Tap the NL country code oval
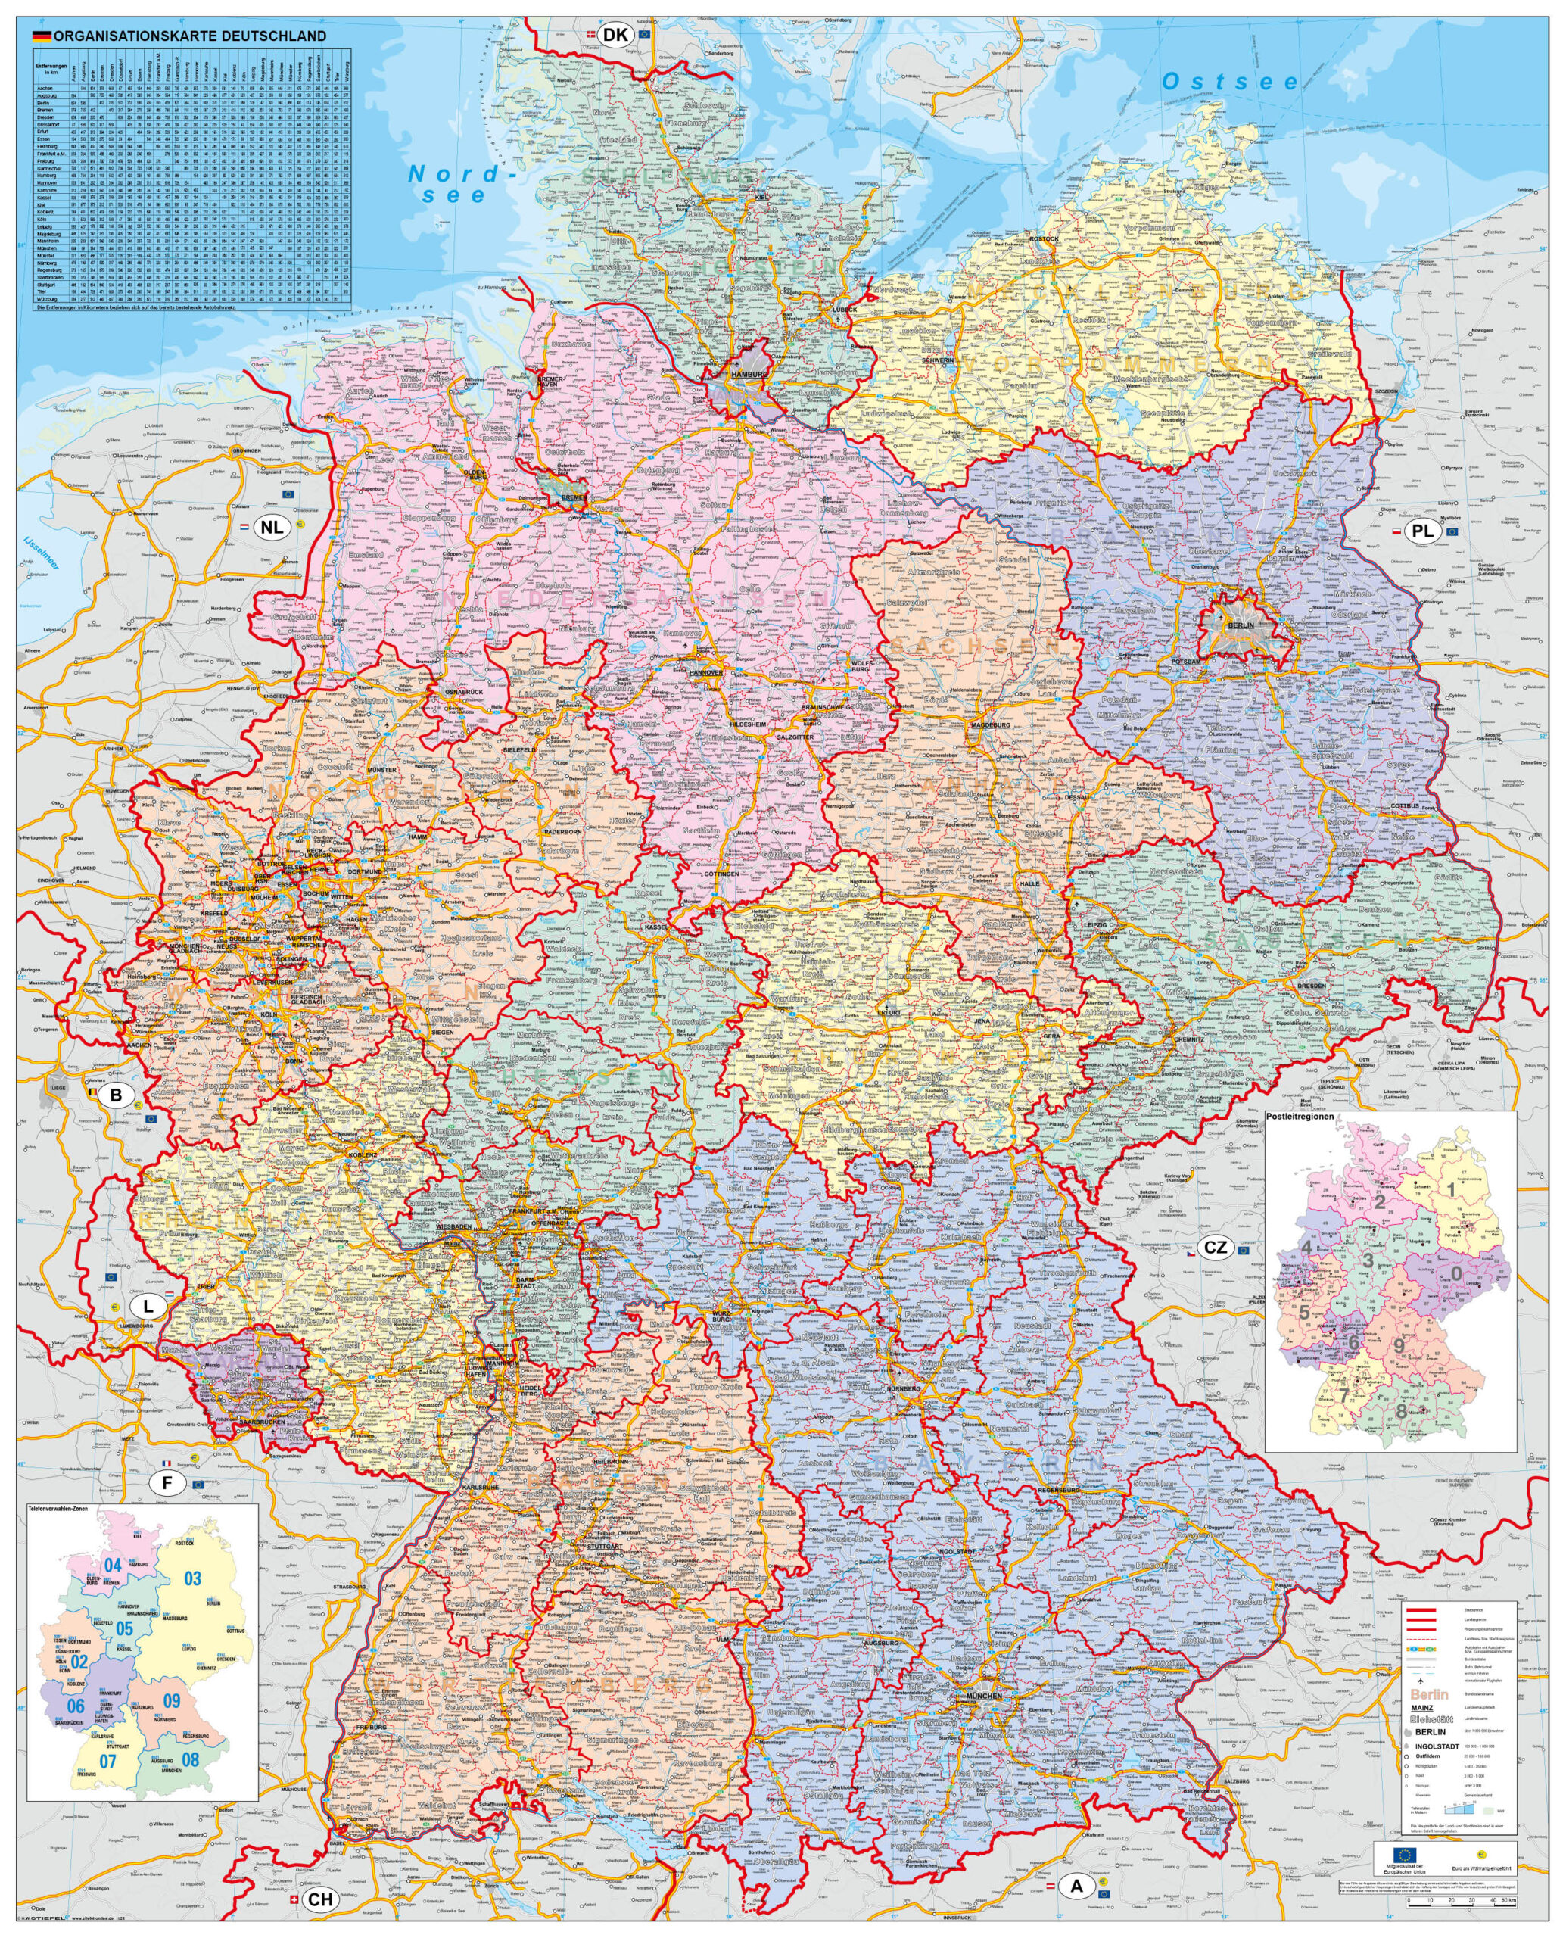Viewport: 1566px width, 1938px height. click(272, 527)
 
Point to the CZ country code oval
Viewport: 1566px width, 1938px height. click(1215, 1248)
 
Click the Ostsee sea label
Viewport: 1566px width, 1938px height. click(1231, 82)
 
